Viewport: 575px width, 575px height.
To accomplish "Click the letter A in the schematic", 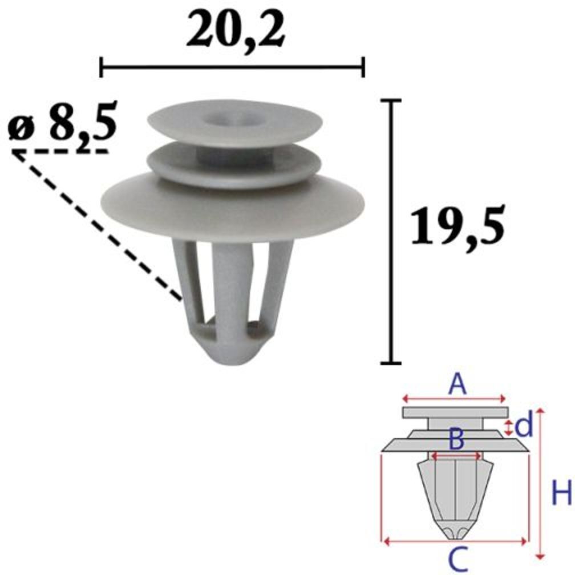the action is (x=457, y=384).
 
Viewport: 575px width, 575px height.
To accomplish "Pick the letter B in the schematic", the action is (x=456, y=440).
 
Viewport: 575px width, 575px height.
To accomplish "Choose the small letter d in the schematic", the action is (x=523, y=426).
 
